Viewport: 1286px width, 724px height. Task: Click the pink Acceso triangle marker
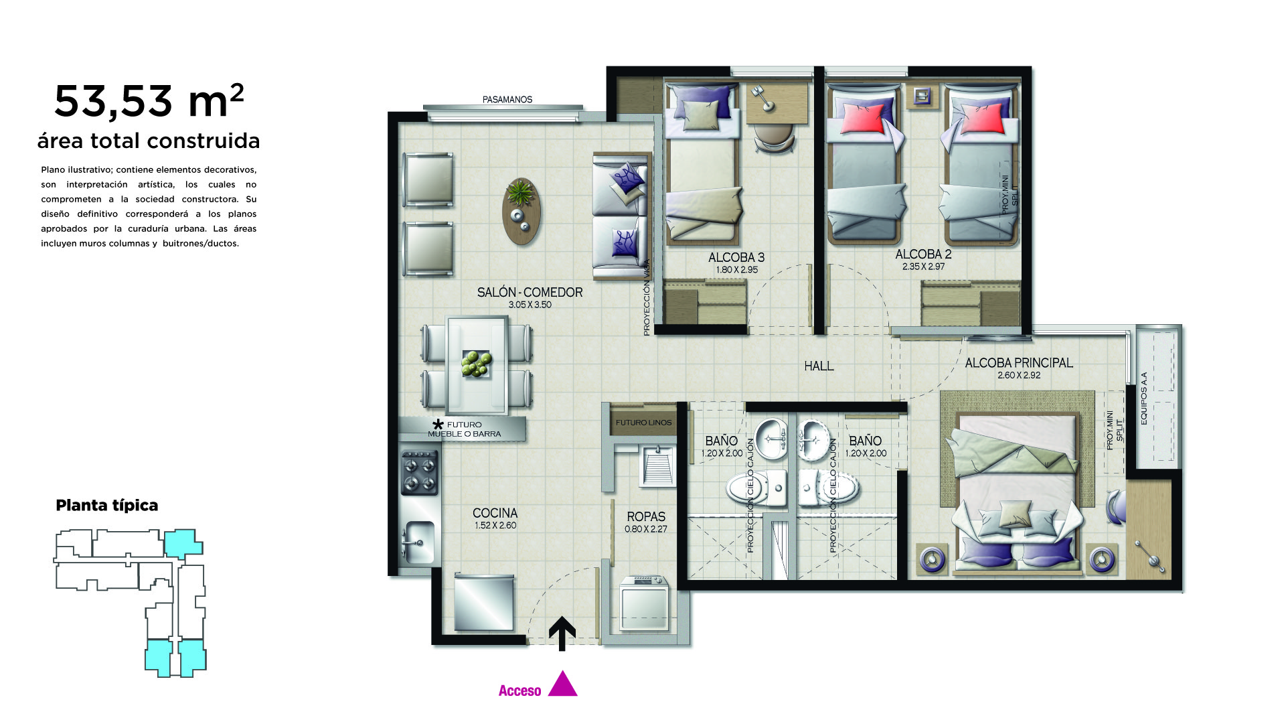pyautogui.click(x=562, y=684)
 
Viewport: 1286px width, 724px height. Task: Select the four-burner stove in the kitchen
pyautogui.click(x=420, y=472)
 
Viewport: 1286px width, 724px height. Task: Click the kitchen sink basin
pyautogui.click(x=418, y=541)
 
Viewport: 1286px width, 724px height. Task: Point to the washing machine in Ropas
pyautogui.click(x=644, y=603)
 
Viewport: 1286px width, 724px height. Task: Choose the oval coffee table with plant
pyautogui.click(x=521, y=210)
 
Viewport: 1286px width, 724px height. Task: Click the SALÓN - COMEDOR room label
pyautogui.click(x=530, y=293)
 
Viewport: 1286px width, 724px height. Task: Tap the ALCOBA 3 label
pyautogui.click(x=736, y=258)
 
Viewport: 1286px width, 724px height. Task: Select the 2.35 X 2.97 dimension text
pyautogui.click(x=923, y=267)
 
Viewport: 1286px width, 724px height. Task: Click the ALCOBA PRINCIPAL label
pyautogui.click(x=1019, y=363)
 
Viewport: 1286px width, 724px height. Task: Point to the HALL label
pyautogui.click(x=819, y=366)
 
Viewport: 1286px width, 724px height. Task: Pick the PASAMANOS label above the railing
pyautogui.click(x=507, y=100)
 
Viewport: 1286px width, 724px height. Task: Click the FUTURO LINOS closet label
pyautogui.click(x=643, y=423)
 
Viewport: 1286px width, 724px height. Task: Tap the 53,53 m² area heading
pyautogui.click(x=149, y=100)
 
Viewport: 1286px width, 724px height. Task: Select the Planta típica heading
pyautogui.click(x=107, y=506)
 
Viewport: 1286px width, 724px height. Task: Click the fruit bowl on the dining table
pyautogui.click(x=477, y=364)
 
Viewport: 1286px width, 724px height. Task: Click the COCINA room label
pyautogui.click(x=495, y=513)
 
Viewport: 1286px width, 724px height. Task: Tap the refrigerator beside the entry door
pyautogui.click(x=484, y=603)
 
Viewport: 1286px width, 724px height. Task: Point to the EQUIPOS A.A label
pyautogui.click(x=1144, y=398)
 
